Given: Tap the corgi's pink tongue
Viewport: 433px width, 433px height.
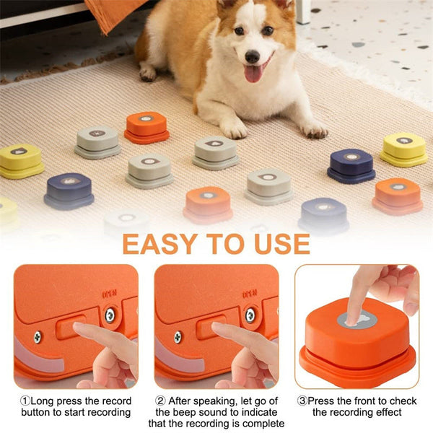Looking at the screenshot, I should click(x=253, y=73).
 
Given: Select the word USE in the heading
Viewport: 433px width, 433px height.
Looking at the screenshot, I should click(x=281, y=245).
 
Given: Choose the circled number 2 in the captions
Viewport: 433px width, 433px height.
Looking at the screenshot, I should click(x=160, y=400).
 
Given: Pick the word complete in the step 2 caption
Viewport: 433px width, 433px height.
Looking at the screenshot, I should click(x=261, y=423).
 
